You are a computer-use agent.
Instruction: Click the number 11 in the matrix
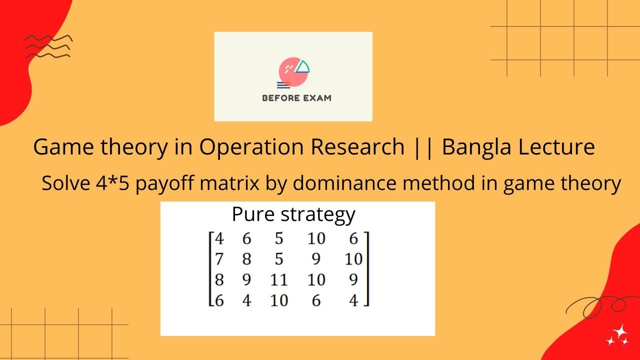[x=278, y=279]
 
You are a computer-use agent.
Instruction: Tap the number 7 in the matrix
[x=218, y=259]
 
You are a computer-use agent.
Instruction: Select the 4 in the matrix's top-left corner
[x=218, y=238]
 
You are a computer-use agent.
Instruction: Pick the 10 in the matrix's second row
[x=353, y=259]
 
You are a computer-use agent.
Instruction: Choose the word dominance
[x=340, y=183]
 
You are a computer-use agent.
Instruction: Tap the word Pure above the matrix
[x=253, y=214]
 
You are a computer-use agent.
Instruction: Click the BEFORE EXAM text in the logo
[x=296, y=98]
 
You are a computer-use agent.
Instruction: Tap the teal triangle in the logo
[x=302, y=66]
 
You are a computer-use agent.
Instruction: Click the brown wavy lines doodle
[x=48, y=46]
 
